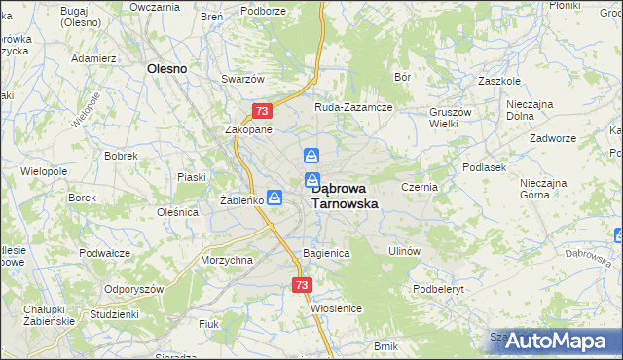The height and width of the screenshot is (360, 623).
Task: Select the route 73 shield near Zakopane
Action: pos(261,111)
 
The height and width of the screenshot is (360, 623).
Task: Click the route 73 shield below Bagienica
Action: pos(301,285)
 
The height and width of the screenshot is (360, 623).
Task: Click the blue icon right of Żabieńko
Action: pos(275,198)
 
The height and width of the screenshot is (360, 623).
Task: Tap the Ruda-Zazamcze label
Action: pos(351,107)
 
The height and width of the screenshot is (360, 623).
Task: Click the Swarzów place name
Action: pos(242,79)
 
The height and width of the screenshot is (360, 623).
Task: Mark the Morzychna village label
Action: pos(226,260)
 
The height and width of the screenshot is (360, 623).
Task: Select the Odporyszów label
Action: pos(111,290)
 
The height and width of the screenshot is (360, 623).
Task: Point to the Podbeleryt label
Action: pos(442,289)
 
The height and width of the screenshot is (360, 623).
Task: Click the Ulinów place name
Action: pos(403,251)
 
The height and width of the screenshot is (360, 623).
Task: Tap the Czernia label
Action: pos(420,185)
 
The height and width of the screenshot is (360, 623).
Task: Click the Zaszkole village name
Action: pos(498,81)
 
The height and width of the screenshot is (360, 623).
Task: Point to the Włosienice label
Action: pos(337,307)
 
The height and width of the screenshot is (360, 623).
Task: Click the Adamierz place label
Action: pos(94,58)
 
